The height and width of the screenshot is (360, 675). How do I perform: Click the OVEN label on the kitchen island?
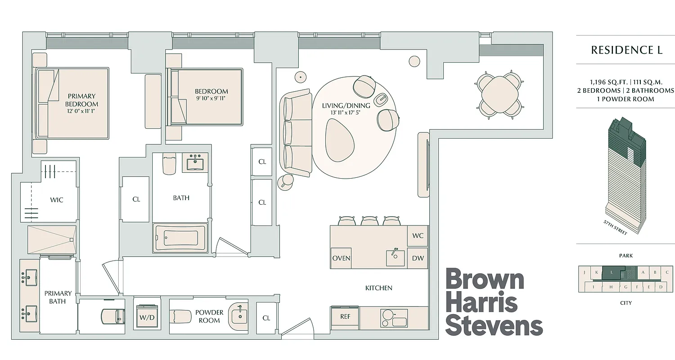(341, 258)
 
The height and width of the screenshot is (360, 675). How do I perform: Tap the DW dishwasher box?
(417, 258)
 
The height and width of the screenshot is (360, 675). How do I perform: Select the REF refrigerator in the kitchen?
(345, 317)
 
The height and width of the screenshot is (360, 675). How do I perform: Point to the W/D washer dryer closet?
(147, 317)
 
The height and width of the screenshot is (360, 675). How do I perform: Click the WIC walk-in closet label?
(57, 200)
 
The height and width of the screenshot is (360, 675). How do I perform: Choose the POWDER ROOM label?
(209, 316)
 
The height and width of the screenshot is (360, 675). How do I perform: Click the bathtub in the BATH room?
(180, 238)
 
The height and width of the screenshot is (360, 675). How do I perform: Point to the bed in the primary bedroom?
(72, 103)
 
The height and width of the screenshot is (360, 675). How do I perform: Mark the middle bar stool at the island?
(369, 220)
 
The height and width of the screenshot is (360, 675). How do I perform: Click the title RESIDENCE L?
(626, 50)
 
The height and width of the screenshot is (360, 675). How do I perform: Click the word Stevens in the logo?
(494, 326)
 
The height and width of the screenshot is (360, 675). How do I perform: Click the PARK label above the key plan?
(625, 256)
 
